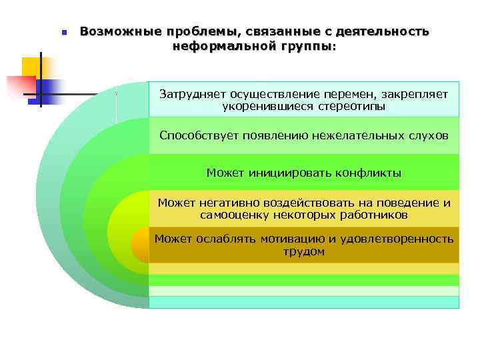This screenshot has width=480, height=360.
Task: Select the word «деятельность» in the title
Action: coord(383,31)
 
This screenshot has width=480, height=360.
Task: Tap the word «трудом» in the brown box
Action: coord(304,251)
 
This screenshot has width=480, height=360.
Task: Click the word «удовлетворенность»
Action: coord(400,239)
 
